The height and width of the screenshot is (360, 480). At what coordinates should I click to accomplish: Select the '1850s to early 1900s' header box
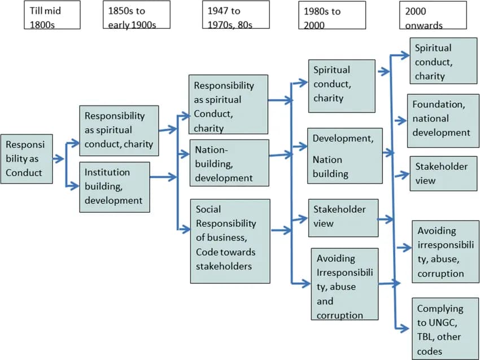coord(136,15)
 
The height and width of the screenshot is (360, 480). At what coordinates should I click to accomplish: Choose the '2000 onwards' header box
coord(433,15)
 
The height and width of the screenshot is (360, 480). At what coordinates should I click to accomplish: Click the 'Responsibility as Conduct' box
coord(27,158)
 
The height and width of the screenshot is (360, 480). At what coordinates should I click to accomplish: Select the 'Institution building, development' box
coord(114,187)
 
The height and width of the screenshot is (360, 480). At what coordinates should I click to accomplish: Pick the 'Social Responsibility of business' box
coord(229,241)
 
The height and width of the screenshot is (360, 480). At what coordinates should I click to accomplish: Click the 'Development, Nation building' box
coord(344,156)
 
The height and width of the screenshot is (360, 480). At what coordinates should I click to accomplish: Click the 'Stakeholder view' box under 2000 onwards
coord(443,174)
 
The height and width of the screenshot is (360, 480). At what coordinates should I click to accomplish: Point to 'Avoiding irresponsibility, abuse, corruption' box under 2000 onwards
coord(443,253)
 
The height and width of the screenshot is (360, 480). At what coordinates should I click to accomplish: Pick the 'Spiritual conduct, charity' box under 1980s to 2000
coord(342,85)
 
